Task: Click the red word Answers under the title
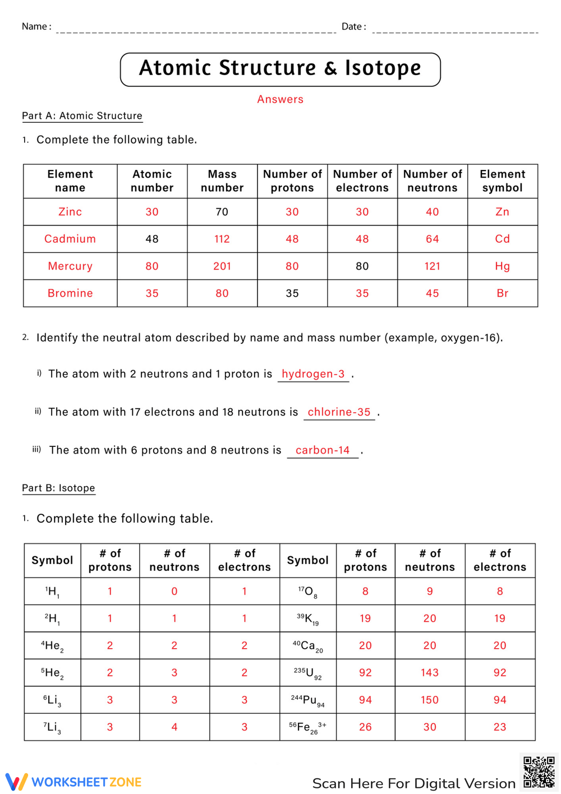click(x=280, y=99)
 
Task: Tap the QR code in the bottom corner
click(x=539, y=772)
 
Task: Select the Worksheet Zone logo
click(x=73, y=782)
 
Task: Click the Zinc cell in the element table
click(x=70, y=212)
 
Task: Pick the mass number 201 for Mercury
click(x=222, y=266)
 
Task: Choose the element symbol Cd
click(x=502, y=239)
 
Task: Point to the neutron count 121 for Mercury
click(x=432, y=266)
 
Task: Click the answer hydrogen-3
click(x=313, y=374)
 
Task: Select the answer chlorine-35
click(x=339, y=412)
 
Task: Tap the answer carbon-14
click(x=323, y=450)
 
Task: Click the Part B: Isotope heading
click(x=58, y=488)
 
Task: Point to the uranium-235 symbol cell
click(x=307, y=673)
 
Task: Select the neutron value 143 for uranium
click(x=430, y=673)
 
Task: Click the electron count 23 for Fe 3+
click(x=499, y=727)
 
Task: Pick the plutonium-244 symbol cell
click(x=307, y=700)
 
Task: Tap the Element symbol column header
click(x=502, y=181)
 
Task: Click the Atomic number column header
click(x=152, y=181)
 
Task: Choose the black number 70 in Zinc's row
click(x=222, y=212)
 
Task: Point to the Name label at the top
click(x=36, y=26)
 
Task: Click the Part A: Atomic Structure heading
click(x=82, y=116)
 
